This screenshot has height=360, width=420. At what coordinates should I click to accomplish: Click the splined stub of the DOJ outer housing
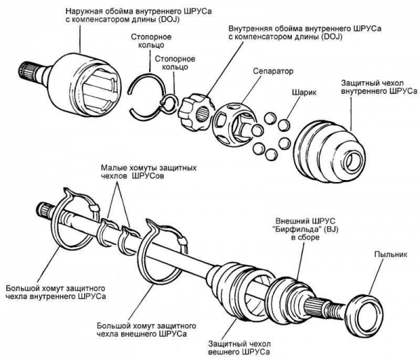tap(29, 72)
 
